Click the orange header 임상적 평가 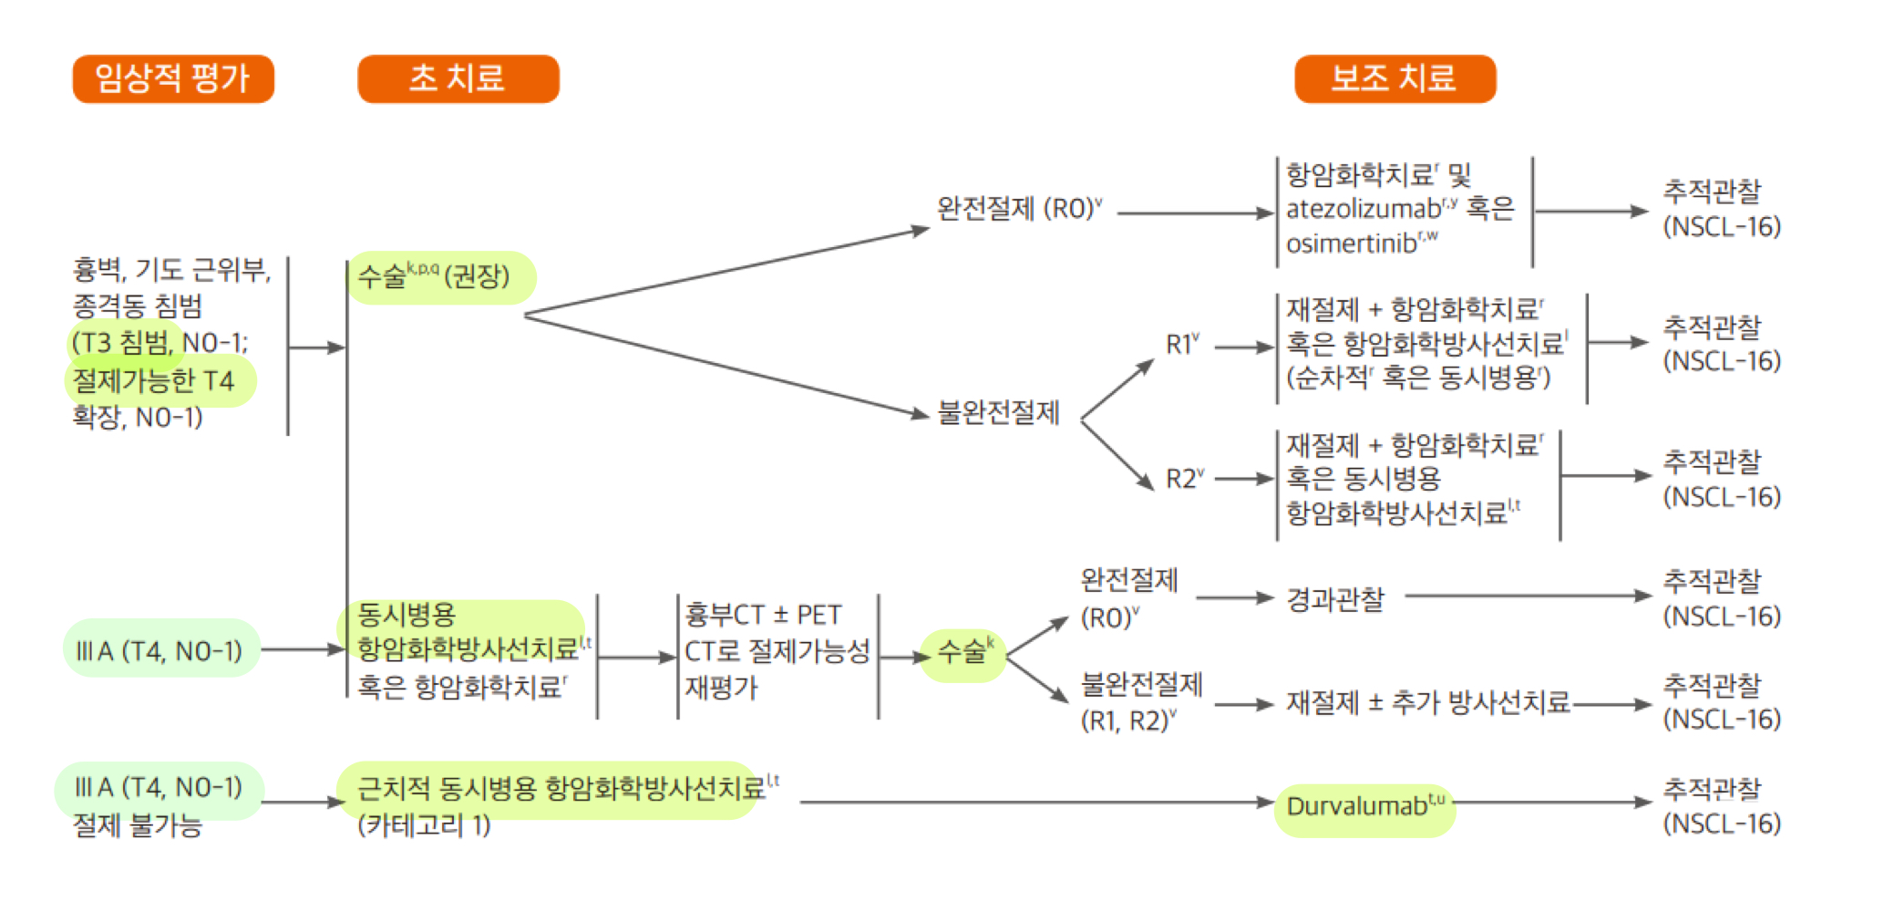(x=173, y=78)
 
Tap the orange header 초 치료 (x=458, y=78)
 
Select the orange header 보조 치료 (x=1395, y=78)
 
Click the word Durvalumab (x=1356, y=806)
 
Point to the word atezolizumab (x=1363, y=210)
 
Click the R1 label (x=1180, y=345)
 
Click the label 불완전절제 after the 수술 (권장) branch (x=998, y=413)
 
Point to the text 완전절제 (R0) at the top (x=1015, y=209)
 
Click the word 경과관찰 (x=1334, y=599)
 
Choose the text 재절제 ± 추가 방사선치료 (x=1427, y=702)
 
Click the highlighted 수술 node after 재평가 (x=963, y=652)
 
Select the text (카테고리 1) (x=424, y=825)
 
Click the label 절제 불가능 (x=137, y=825)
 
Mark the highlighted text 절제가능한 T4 (x=153, y=380)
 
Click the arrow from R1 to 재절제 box (x=1243, y=347)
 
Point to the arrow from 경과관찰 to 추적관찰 (x=1528, y=596)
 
